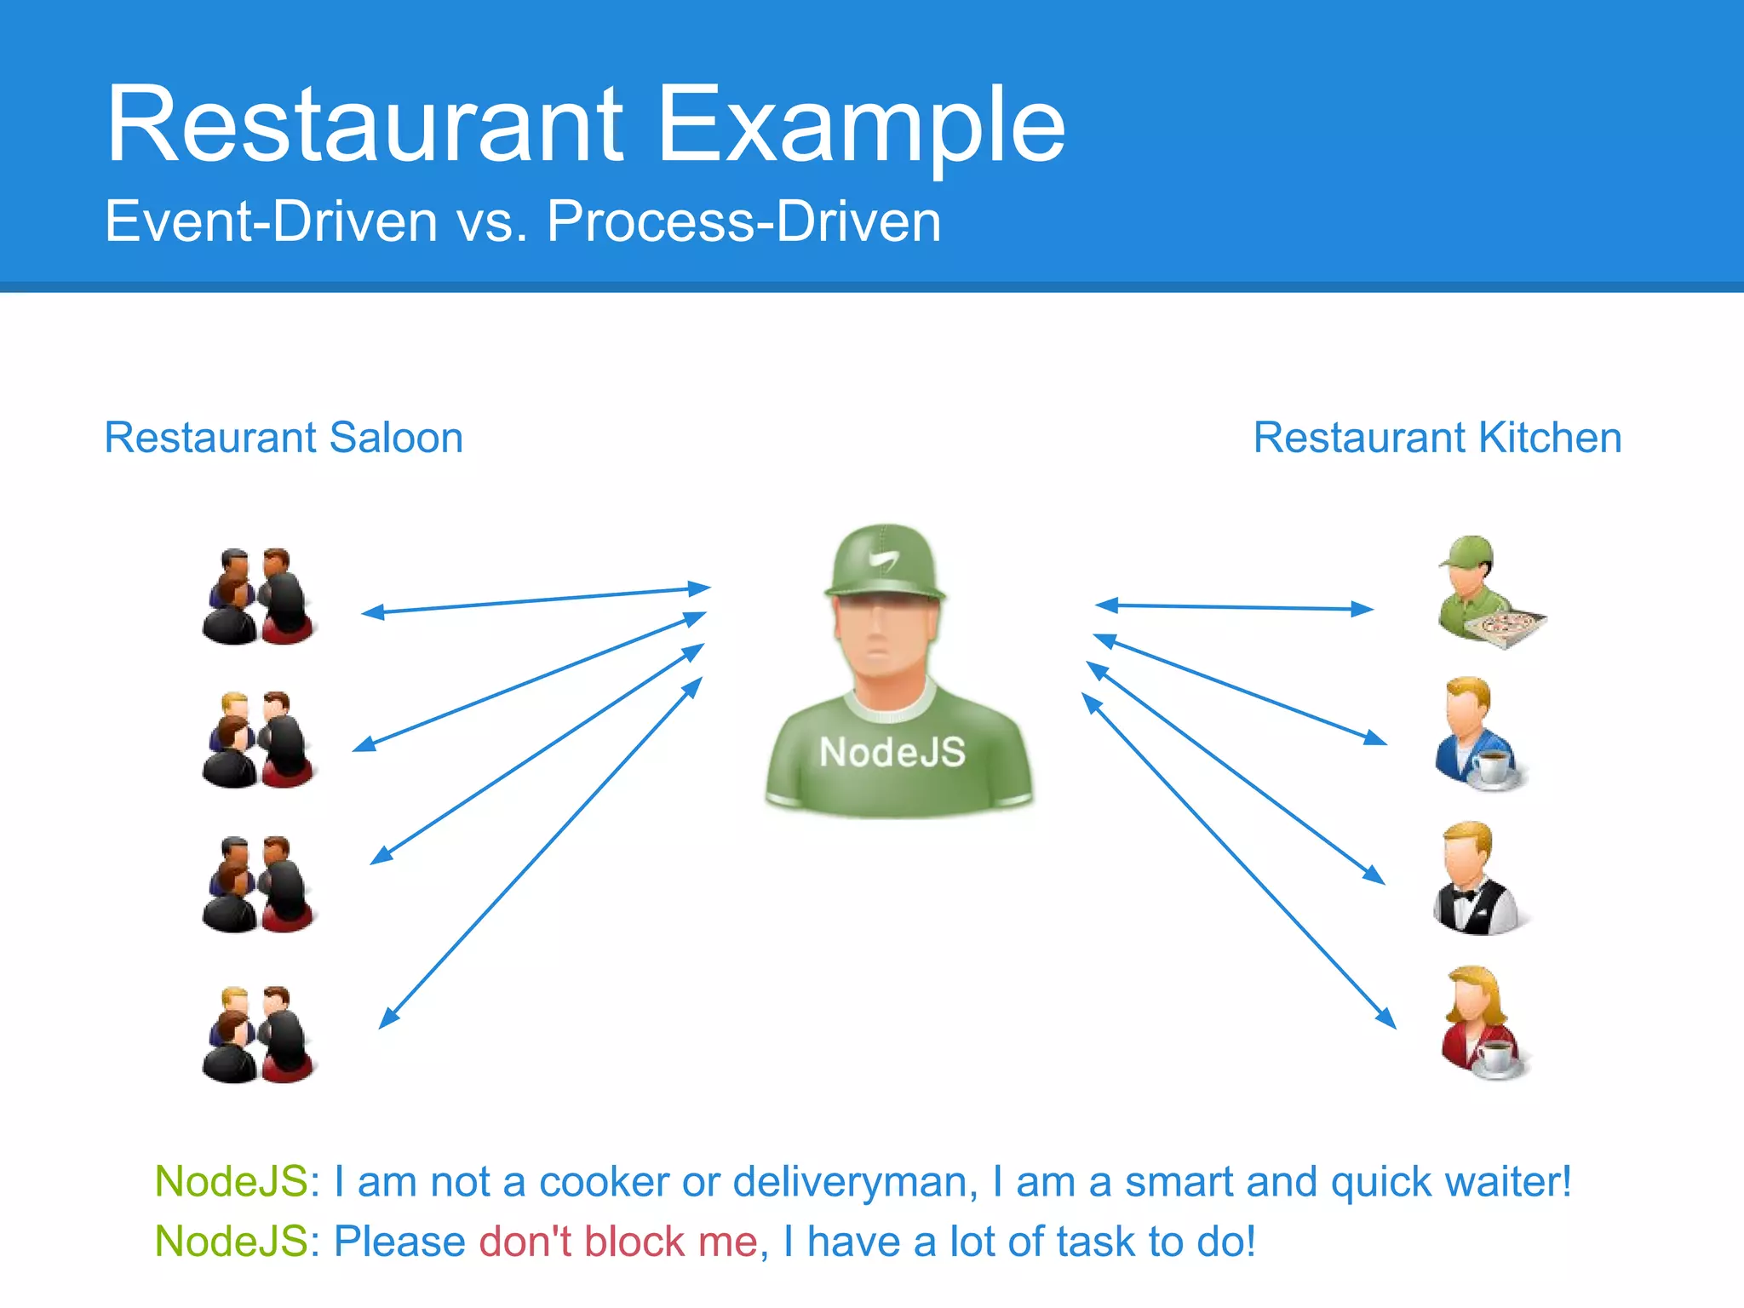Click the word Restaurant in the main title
(364, 124)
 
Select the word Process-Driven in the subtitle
(743, 221)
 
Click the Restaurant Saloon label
(284, 438)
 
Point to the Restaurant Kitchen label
(1437, 438)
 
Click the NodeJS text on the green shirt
(892, 752)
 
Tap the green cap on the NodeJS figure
(885, 563)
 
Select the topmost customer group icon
(258, 596)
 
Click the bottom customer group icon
(258, 1035)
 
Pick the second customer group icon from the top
(258, 739)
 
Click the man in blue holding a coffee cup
(1478, 734)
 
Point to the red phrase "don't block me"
(618, 1242)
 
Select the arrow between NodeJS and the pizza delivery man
(1234, 607)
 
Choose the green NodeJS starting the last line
(231, 1242)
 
